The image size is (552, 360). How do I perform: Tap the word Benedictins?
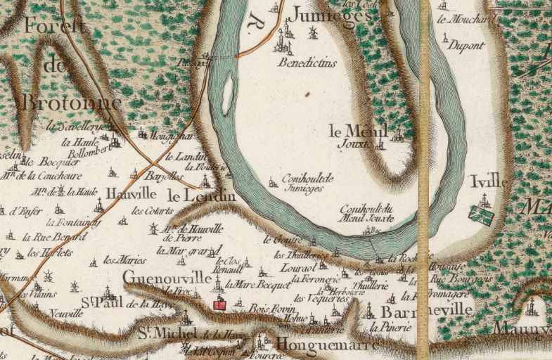coord(308,63)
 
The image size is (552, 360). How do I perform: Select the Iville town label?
coord(489,181)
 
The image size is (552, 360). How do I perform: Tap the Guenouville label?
coord(167,279)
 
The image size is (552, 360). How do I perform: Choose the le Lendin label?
coord(200,196)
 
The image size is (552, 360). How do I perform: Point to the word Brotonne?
coord(72,103)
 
